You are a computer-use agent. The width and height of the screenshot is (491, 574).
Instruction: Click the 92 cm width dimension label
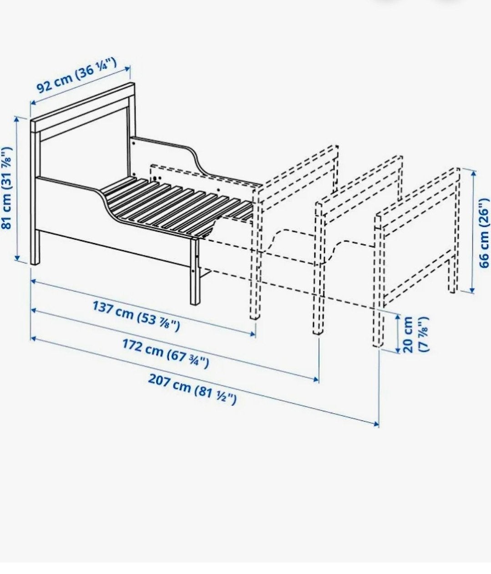77,75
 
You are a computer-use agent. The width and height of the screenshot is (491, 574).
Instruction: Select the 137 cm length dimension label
136,316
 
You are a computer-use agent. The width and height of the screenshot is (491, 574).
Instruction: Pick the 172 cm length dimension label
165,357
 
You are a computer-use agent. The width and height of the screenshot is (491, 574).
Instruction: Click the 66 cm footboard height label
484,233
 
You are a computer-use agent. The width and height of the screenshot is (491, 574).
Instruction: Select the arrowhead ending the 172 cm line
316,379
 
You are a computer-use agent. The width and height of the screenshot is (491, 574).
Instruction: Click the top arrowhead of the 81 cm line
17,119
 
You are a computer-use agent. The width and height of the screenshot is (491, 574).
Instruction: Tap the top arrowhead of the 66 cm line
474,173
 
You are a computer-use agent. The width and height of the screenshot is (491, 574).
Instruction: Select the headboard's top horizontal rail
83,107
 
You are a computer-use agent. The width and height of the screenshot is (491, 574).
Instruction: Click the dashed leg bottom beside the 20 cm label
377,344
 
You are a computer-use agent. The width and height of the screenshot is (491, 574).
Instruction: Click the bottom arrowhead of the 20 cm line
398,350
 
